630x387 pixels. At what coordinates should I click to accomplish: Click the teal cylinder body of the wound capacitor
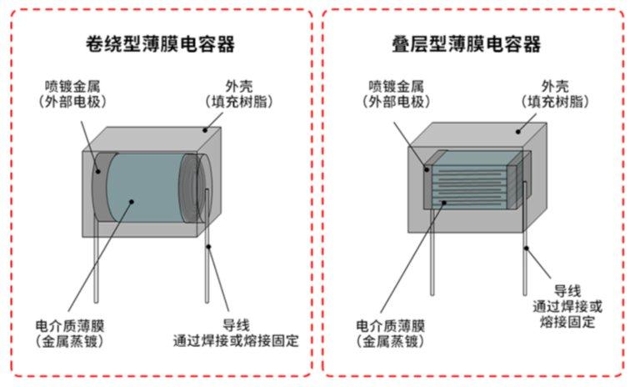(x=142, y=187)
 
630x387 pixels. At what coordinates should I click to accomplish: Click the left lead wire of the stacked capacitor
(x=432, y=259)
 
